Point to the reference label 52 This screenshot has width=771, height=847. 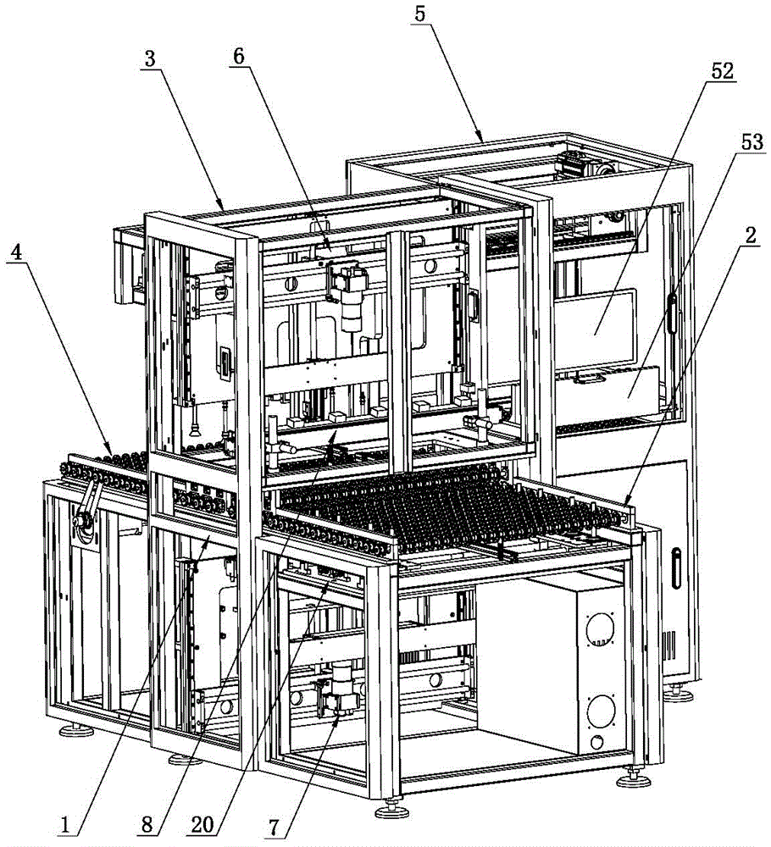point(722,72)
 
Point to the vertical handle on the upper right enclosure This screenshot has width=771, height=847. point(673,313)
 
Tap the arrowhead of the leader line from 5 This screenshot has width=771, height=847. point(482,138)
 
